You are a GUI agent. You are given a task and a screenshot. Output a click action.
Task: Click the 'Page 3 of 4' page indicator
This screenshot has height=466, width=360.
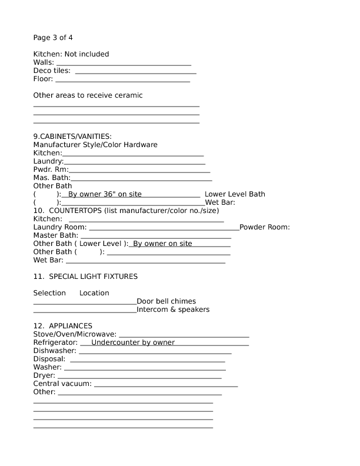53,38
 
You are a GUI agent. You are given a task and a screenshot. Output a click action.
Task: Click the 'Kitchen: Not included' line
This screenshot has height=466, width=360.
71,54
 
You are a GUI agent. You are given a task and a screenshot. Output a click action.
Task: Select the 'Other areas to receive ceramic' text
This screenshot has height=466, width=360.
88,95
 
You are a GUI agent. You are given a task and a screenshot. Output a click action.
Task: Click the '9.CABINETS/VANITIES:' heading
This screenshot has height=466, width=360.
72,137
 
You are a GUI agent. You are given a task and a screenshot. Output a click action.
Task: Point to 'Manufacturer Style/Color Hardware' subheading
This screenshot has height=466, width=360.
95,145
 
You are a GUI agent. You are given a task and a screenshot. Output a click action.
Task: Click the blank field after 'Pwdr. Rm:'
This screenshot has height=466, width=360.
139,169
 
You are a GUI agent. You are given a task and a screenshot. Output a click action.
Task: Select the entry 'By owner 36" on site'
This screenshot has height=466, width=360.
105,194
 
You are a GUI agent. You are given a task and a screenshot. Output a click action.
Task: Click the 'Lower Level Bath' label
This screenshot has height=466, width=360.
235,194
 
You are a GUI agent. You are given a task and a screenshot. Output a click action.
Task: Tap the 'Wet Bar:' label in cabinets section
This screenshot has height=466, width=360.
220,202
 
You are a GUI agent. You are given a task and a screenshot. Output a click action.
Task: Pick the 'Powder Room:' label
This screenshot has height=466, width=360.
264,227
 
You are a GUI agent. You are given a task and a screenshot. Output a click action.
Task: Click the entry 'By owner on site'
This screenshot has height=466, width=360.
162,244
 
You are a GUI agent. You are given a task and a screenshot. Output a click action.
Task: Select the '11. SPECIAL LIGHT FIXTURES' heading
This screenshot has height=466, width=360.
85,276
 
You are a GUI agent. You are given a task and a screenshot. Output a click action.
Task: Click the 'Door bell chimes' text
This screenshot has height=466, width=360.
166,301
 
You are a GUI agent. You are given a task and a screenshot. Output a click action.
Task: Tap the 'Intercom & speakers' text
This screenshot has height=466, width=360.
173,309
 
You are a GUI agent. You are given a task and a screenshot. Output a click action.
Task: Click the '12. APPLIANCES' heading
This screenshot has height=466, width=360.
62,326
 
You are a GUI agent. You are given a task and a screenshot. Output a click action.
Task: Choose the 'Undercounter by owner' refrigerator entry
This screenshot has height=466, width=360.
133,342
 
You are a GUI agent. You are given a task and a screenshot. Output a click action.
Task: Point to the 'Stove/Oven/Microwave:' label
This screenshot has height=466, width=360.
75,334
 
